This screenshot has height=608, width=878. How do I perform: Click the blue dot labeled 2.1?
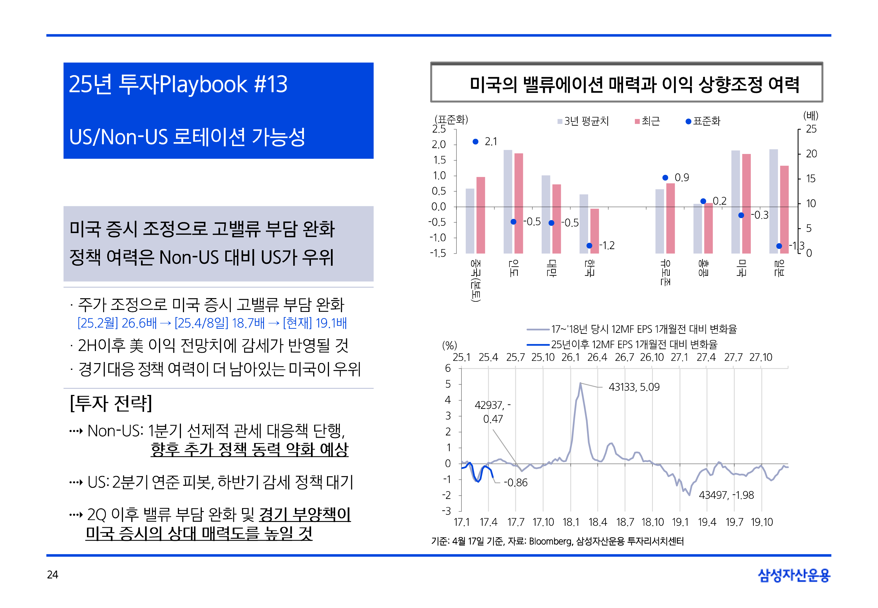tap(475, 142)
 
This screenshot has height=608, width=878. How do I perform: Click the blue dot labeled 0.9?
tap(665, 178)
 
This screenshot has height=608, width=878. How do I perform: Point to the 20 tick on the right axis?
tap(811, 153)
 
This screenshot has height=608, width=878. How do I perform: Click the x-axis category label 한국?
tap(589, 267)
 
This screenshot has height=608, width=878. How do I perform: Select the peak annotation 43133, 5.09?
tap(634, 387)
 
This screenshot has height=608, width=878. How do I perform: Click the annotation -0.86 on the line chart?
tap(516, 483)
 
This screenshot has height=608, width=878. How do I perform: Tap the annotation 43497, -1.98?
tap(726, 495)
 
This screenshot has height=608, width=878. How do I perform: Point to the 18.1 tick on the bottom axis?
tap(570, 522)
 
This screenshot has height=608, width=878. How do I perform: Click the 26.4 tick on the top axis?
tap(597, 357)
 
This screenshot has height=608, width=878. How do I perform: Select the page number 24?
tap(53, 575)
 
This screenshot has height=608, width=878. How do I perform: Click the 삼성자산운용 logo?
tap(794, 575)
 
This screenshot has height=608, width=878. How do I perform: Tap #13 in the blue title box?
tap(270, 84)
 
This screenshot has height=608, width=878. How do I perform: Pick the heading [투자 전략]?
tap(111, 403)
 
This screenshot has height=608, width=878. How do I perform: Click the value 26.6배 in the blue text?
tap(139, 323)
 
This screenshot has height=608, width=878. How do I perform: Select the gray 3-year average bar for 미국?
tap(735, 202)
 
